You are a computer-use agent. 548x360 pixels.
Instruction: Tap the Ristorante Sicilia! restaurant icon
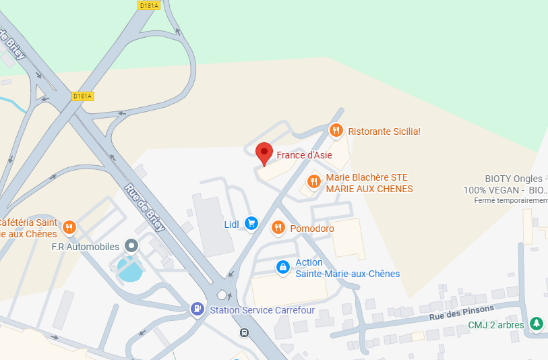(x=336, y=131)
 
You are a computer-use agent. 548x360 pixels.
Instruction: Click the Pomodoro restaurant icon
(x=278, y=229)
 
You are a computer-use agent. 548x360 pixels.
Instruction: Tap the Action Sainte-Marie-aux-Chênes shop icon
(x=283, y=268)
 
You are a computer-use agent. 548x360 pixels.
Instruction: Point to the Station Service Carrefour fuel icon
(x=197, y=309)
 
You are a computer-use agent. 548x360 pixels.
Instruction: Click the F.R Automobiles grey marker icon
(x=132, y=246)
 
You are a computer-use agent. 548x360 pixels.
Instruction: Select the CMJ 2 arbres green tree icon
(x=537, y=324)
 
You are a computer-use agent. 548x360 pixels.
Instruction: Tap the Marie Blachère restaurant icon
(x=313, y=181)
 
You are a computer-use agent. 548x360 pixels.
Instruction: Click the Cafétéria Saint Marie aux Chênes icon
(x=69, y=227)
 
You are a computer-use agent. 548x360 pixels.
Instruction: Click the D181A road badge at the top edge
(x=148, y=5)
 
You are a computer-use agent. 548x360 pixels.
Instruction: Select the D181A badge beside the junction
(x=82, y=96)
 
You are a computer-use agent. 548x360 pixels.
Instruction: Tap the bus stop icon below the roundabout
(x=243, y=332)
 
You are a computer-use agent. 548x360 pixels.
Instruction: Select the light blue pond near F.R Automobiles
(x=130, y=269)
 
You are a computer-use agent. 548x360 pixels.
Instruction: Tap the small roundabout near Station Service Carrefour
(x=223, y=295)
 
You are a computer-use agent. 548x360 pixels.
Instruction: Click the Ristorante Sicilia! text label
(x=384, y=131)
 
